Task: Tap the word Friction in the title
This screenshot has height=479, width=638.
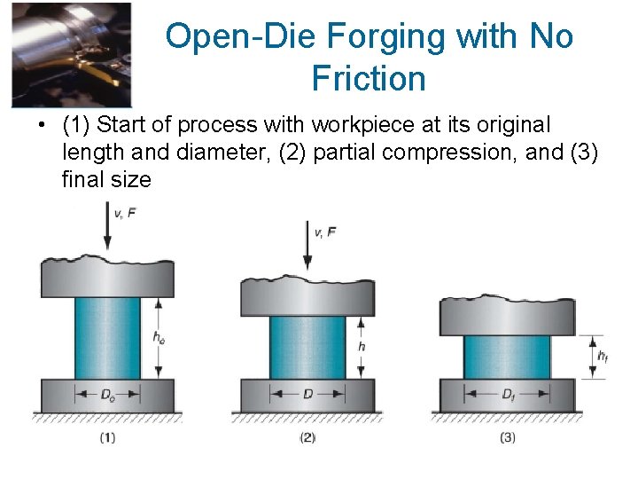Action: (369, 79)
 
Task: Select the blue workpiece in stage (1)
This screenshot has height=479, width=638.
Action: (107, 338)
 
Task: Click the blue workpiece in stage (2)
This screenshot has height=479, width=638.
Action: (307, 347)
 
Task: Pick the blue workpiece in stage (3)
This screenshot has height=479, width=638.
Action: (507, 357)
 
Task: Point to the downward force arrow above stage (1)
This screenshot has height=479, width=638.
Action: (107, 227)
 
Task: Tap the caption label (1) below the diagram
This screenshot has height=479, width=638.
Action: (107, 436)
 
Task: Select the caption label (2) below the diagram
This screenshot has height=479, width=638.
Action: (307, 436)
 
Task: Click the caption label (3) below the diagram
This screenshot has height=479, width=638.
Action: (508, 436)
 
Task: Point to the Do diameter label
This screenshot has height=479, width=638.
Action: (108, 394)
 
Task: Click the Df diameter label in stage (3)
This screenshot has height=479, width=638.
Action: (508, 394)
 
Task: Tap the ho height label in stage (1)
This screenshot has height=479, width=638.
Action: (158, 337)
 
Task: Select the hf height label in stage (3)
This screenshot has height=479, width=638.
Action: (602, 357)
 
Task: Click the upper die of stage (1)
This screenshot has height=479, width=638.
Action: (107, 277)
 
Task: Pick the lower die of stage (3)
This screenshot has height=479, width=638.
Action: (508, 395)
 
